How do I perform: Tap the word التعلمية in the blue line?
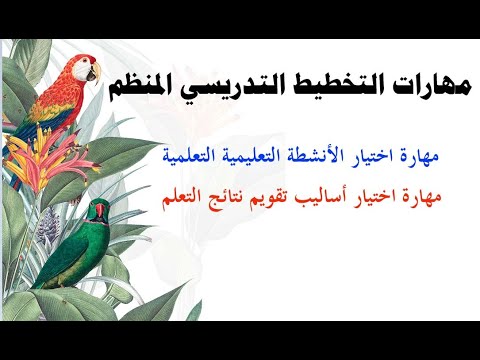(191, 157)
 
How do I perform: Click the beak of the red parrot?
(94, 72)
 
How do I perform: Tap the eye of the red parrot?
(84, 64)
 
